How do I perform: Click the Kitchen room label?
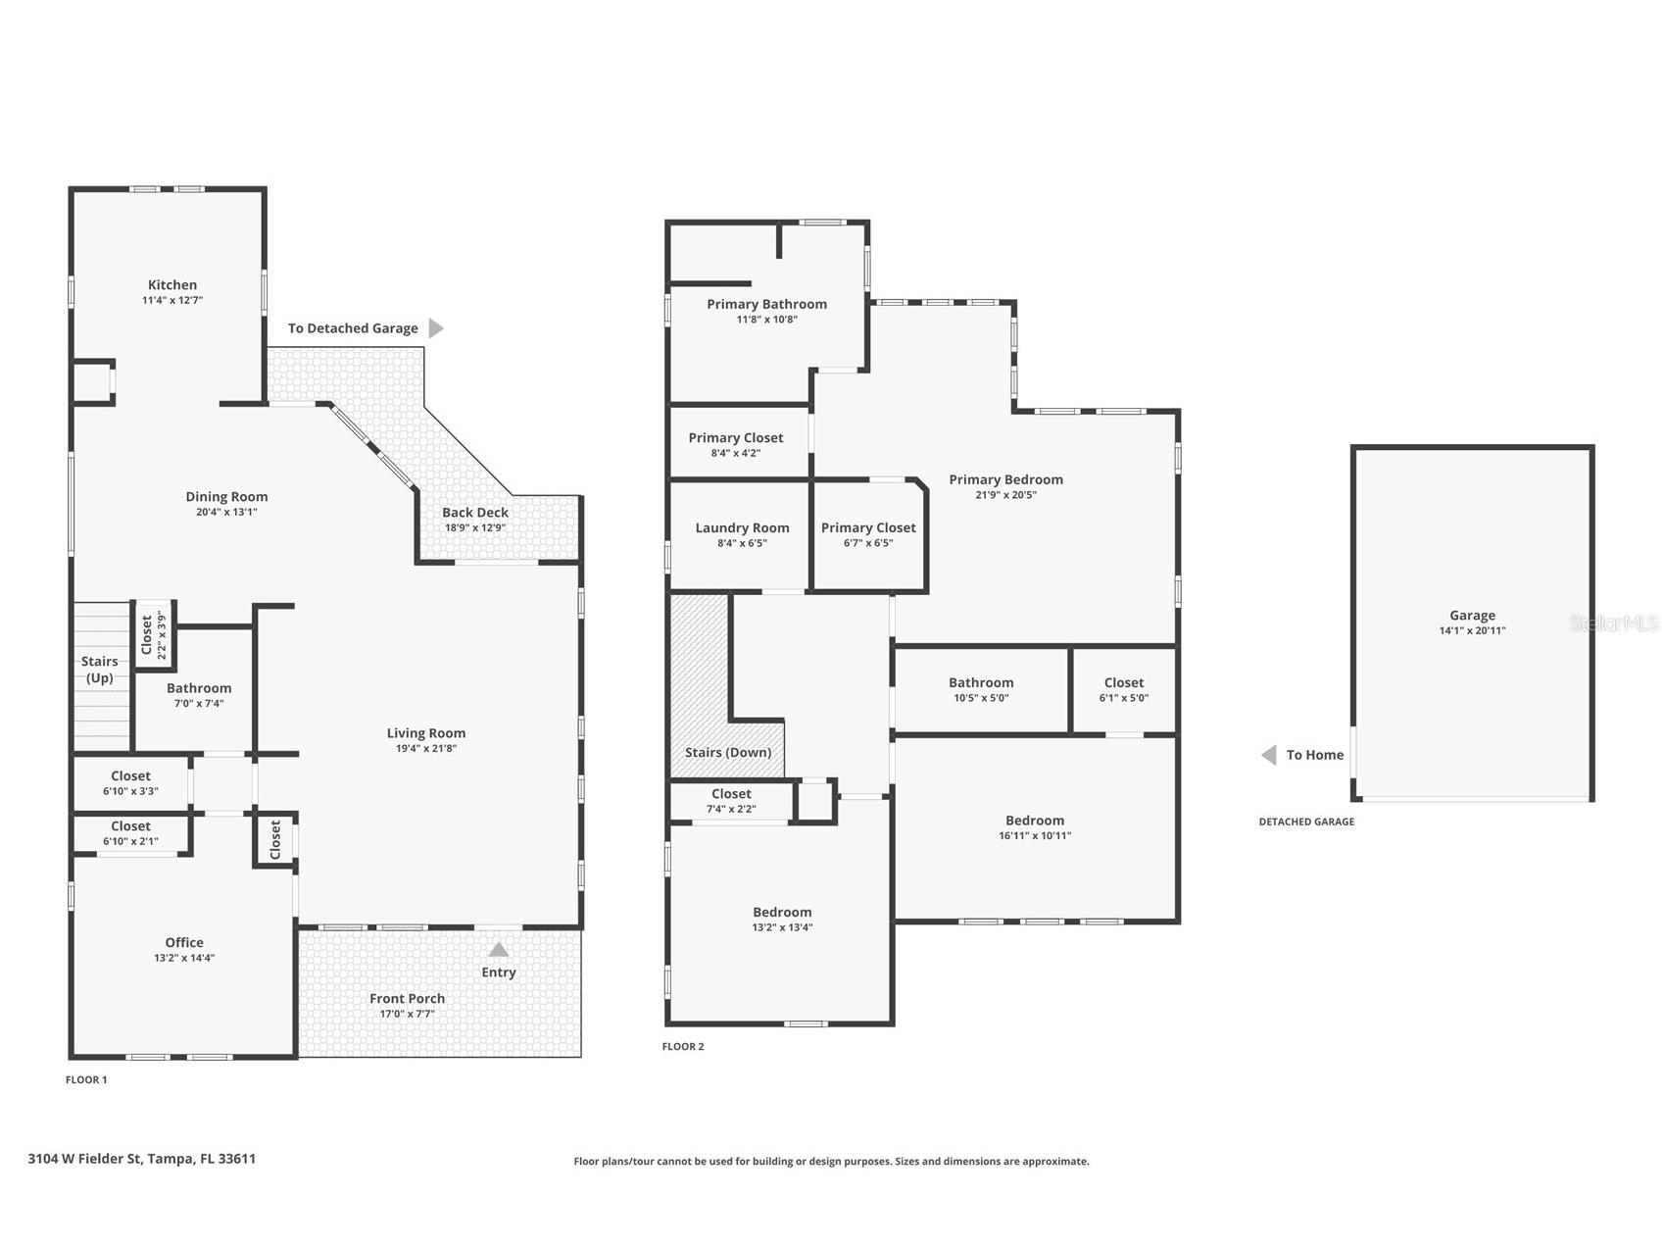[x=172, y=284]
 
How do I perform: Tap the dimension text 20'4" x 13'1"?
[x=226, y=512]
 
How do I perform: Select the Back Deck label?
[x=474, y=512]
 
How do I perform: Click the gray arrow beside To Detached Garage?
[x=436, y=328]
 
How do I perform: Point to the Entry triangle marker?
[x=498, y=949]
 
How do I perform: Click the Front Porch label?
[x=407, y=998]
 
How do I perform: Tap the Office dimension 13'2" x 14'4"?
[x=184, y=958]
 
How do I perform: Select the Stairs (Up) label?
[x=99, y=670]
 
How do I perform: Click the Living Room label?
[x=425, y=732]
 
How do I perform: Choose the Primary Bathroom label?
[x=766, y=304]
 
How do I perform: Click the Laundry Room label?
[x=742, y=527]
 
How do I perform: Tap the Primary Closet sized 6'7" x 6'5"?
[x=868, y=527]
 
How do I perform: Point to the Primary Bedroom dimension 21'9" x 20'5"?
[x=1005, y=495]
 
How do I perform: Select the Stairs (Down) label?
[x=727, y=752]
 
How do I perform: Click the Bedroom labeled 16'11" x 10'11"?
[x=1034, y=821]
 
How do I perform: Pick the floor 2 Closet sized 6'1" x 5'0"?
[x=1123, y=682]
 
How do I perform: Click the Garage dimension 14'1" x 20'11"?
[x=1472, y=630]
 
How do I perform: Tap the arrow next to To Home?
[x=1268, y=755]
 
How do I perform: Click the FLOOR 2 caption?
[x=682, y=1046]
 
